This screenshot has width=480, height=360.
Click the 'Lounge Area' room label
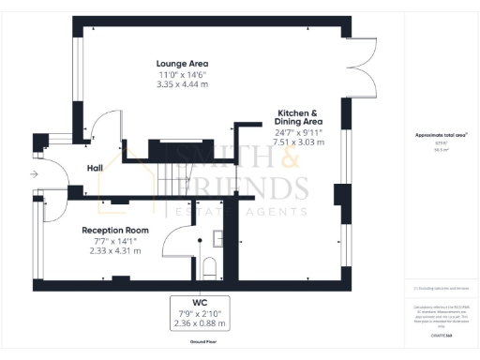[x=182, y=64]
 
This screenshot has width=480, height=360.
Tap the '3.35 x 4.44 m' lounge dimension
[x=182, y=84]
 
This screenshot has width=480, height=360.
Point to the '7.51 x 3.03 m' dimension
[x=299, y=142]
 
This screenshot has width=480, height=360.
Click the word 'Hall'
[x=95, y=168]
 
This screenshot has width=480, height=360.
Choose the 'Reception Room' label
[x=116, y=230]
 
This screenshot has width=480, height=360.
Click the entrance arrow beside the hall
[x=34, y=174]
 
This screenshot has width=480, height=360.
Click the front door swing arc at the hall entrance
[x=54, y=174]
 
